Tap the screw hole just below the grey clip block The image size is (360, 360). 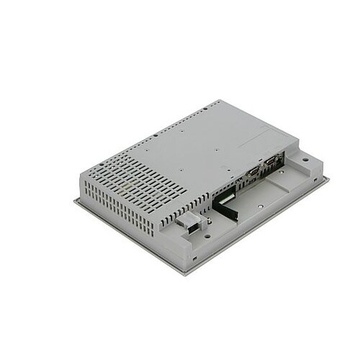[x=207, y=233]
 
